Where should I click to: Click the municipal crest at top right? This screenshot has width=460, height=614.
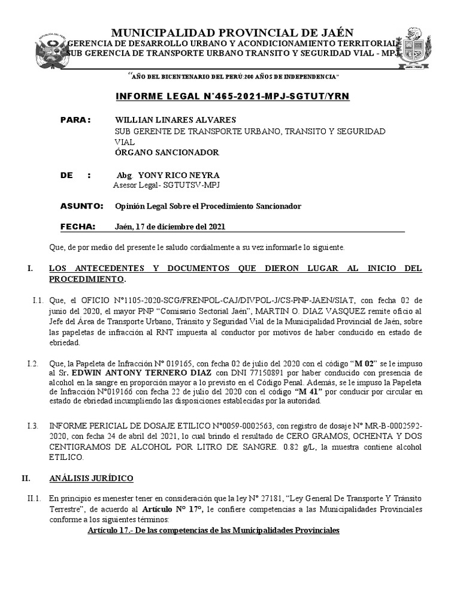coord(423,49)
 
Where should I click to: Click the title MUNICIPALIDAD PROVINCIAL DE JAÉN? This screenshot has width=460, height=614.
coord(233,32)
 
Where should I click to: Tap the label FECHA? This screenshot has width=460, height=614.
coord(78,227)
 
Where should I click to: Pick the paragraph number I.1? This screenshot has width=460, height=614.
coord(38,300)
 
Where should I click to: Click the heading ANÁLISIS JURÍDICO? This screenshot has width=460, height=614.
coord(91,478)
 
